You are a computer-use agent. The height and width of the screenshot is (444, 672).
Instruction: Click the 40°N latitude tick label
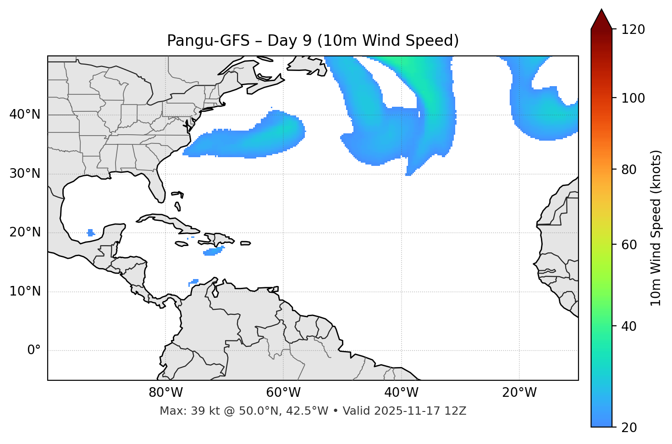(25, 115)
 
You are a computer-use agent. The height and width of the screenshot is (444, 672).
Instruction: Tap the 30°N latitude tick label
(25, 174)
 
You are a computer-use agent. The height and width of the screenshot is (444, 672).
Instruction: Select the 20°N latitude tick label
(25, 233)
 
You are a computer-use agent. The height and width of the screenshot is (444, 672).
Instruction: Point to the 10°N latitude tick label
(25, 291)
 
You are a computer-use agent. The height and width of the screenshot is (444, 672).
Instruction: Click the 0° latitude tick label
(34, 351)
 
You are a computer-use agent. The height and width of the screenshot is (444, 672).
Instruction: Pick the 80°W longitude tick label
(165, 393)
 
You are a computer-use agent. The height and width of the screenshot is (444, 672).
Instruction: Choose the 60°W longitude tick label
(283, 393)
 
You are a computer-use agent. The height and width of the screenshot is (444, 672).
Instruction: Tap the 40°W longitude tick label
(401, 393)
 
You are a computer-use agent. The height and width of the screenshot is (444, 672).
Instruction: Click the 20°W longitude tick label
(519, 393)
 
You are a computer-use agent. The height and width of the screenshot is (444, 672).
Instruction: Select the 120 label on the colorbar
(633, 30)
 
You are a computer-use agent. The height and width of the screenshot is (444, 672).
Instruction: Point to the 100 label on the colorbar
(633, 98)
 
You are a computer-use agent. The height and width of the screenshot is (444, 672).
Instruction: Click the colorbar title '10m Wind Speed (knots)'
(656, 228)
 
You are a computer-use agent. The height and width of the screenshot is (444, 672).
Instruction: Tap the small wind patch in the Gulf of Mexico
(90, 233)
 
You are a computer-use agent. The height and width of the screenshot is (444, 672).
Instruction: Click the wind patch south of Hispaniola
(214, 251)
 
